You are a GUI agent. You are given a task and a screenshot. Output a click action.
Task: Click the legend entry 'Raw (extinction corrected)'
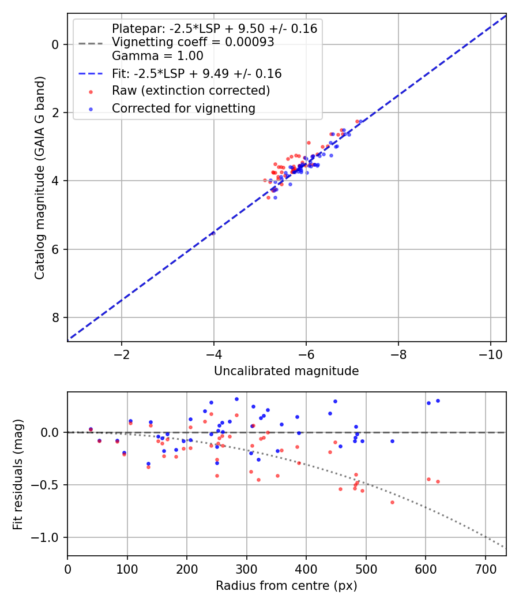pyautogui.click(x=191, y=91)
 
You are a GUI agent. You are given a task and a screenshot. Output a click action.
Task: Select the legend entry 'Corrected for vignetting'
pyautogui.click(x=183, y=108)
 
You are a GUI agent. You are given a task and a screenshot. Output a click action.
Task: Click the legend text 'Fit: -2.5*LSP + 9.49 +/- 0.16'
pyautogui.click(x=197, y=73)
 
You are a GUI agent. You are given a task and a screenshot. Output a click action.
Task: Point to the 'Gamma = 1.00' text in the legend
pyautogui.click(x=157, y=56)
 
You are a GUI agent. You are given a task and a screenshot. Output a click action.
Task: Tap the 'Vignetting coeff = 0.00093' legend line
pyautogui.click(x=193, y=42)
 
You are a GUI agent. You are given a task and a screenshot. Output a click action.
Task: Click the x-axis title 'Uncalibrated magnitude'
pyautogui.click(x=286, y=371)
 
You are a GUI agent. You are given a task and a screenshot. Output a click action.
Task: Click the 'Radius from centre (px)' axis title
pyautogui.click(x=286, y=586)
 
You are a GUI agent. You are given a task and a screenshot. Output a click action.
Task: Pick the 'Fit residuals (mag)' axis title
pyautogui.click(x=18, y=473)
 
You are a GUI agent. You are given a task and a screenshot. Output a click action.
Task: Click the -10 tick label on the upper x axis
pyautogui.click(x=490, y=353)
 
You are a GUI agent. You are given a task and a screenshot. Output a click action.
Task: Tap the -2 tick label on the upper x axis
pyautogui.click(x=122, y=353)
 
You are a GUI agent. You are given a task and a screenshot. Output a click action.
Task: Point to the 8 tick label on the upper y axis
pyautogui.click(x=55, y=317)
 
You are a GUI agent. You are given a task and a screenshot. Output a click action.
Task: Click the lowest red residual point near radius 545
pyautogui.click(x=392, y=502)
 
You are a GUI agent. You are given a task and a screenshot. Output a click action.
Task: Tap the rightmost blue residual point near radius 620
pyautogui.click(x=438, y=401)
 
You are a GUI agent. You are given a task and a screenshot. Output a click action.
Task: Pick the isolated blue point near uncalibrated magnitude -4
pyautogui.click(x=213, y=233)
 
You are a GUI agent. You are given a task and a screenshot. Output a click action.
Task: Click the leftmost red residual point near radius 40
pyautogui.click(x=91, y=429)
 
